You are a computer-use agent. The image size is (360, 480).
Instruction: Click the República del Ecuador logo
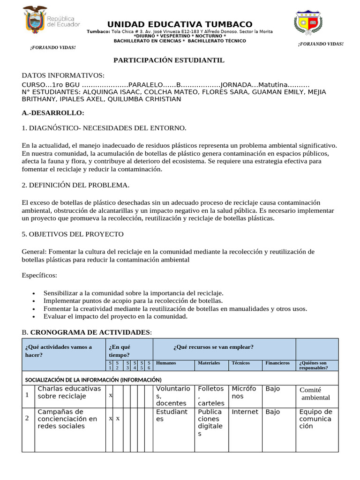point(51,21)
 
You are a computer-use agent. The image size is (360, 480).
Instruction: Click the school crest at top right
point(307,22)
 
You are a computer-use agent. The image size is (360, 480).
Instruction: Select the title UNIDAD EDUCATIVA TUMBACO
point(180,24)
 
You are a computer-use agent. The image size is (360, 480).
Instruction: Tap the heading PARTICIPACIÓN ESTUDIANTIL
point(169,60)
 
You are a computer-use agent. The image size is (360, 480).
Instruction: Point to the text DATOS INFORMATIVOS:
point(63,76)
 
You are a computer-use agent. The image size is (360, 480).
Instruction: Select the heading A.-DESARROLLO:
point(53,113)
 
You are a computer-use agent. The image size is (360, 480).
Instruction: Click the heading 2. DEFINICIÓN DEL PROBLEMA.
point(75,185)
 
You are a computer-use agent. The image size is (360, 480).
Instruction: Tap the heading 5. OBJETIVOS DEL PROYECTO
point(73,234)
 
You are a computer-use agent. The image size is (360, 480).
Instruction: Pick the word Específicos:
point(39,275)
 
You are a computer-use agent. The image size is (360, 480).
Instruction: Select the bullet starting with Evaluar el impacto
point(115,316)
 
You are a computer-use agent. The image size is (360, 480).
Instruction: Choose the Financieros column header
point(277,363)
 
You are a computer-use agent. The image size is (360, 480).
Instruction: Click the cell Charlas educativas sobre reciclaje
point(69,393)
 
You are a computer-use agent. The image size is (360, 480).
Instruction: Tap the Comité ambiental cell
point(315,394)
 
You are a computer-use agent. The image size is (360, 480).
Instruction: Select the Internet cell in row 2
point(245,412)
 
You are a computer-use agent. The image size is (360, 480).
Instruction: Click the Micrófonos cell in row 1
point(244,393)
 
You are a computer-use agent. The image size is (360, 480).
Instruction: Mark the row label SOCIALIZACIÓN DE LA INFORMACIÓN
point(93,379)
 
